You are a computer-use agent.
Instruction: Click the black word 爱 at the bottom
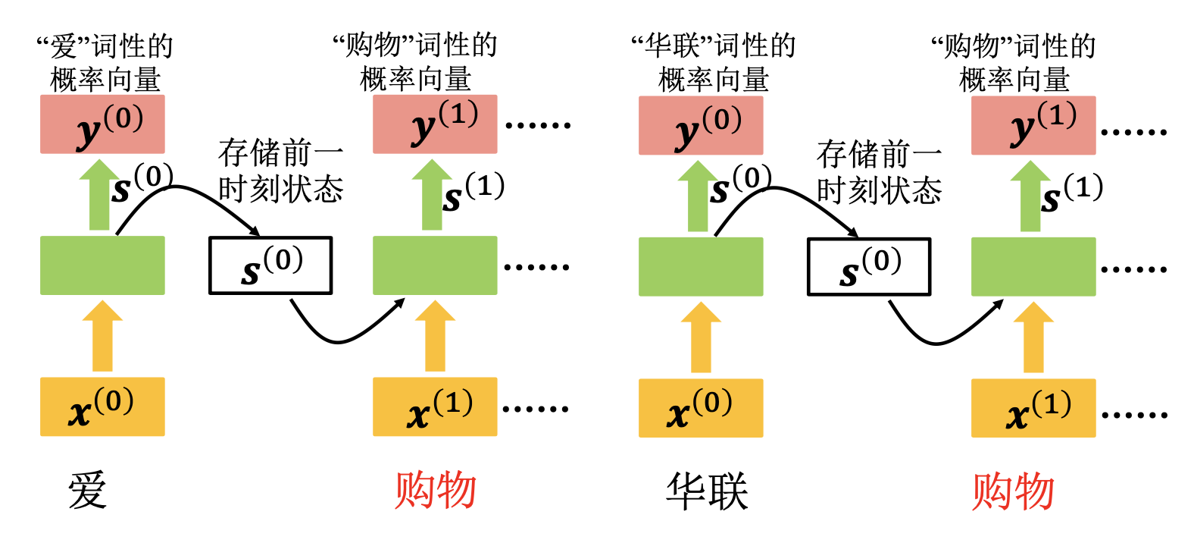[x=87, y=490]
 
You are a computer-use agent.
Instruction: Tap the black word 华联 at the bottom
[x=706, y=491]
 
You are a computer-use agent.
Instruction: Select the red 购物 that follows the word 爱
[x=435, y=490]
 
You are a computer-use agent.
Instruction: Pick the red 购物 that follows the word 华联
[x=1013, y=491]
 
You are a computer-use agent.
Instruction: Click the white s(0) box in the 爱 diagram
[x=270, y=265]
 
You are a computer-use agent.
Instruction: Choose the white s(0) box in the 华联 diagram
[x=868, y=267]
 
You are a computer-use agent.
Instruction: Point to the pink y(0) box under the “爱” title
[x=102, y=124]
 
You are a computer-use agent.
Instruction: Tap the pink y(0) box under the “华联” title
[x=701, y=126]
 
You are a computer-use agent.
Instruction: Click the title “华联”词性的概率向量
[x=713, y=62]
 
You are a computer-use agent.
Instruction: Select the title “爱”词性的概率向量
[x=105, y=62]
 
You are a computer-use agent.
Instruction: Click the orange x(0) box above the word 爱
[x=102, y=406]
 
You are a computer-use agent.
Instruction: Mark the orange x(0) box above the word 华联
[x=701, y=408]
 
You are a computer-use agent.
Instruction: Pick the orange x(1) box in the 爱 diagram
[x=435, y=406]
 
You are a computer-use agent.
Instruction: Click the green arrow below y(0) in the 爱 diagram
[x=99, y=196]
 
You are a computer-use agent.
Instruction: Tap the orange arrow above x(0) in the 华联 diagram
[x=701, y=337]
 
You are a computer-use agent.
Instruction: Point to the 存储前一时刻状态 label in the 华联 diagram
[x=879, y=172]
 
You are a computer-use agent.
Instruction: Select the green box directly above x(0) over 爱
[x=102, y=265]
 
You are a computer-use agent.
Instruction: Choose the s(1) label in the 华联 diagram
[x=1071, y=193]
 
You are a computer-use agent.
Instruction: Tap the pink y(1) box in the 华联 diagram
[x=1033, y=126]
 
